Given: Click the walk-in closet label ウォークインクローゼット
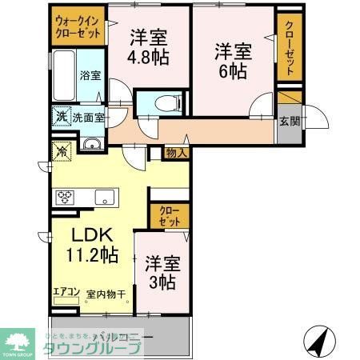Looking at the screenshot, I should point(78,29).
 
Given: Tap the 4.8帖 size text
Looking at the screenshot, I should point(147,57).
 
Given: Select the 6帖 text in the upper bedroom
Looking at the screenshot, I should point(233,70).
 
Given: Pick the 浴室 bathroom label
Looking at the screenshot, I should point(90,76).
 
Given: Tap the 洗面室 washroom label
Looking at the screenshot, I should point(88,117).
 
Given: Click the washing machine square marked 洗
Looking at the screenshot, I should point(62,116).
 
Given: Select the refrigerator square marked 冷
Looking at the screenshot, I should point(61,149).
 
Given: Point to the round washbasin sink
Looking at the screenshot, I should point(92,145).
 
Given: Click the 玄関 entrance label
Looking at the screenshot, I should point(290,122).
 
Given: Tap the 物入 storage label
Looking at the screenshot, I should point(176,153).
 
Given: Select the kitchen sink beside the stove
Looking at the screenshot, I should point(105,197).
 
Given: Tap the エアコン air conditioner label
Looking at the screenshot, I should point(66,293).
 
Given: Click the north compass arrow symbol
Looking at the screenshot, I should point(318,342).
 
